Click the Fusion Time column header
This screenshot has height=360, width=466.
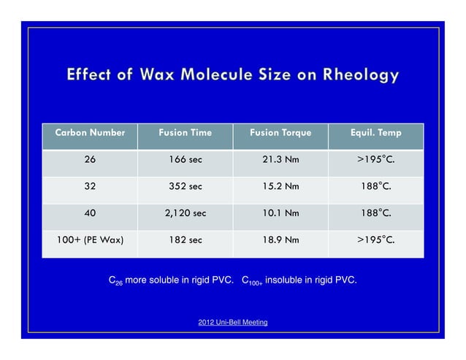point(185,133)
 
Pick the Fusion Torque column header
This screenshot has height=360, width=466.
point(280,133)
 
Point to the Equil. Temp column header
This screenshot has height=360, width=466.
point(375,133)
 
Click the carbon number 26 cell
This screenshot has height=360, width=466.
point(89,159)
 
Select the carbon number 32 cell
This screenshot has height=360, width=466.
point(89,186)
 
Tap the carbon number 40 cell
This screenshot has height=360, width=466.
point(89,212)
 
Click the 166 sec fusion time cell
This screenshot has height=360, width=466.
point(185,159)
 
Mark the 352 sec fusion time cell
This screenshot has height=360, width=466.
point(185,186)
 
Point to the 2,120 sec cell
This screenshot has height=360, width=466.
point(185,212)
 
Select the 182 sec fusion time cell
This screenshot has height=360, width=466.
point(185,240)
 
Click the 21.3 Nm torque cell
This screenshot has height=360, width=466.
point(280,159)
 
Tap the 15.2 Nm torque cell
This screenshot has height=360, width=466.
point(280,186)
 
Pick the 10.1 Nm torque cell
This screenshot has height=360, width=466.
point(280,212)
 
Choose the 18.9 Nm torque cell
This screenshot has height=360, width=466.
point(280,240)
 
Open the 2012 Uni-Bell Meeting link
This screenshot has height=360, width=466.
point(232,322)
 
